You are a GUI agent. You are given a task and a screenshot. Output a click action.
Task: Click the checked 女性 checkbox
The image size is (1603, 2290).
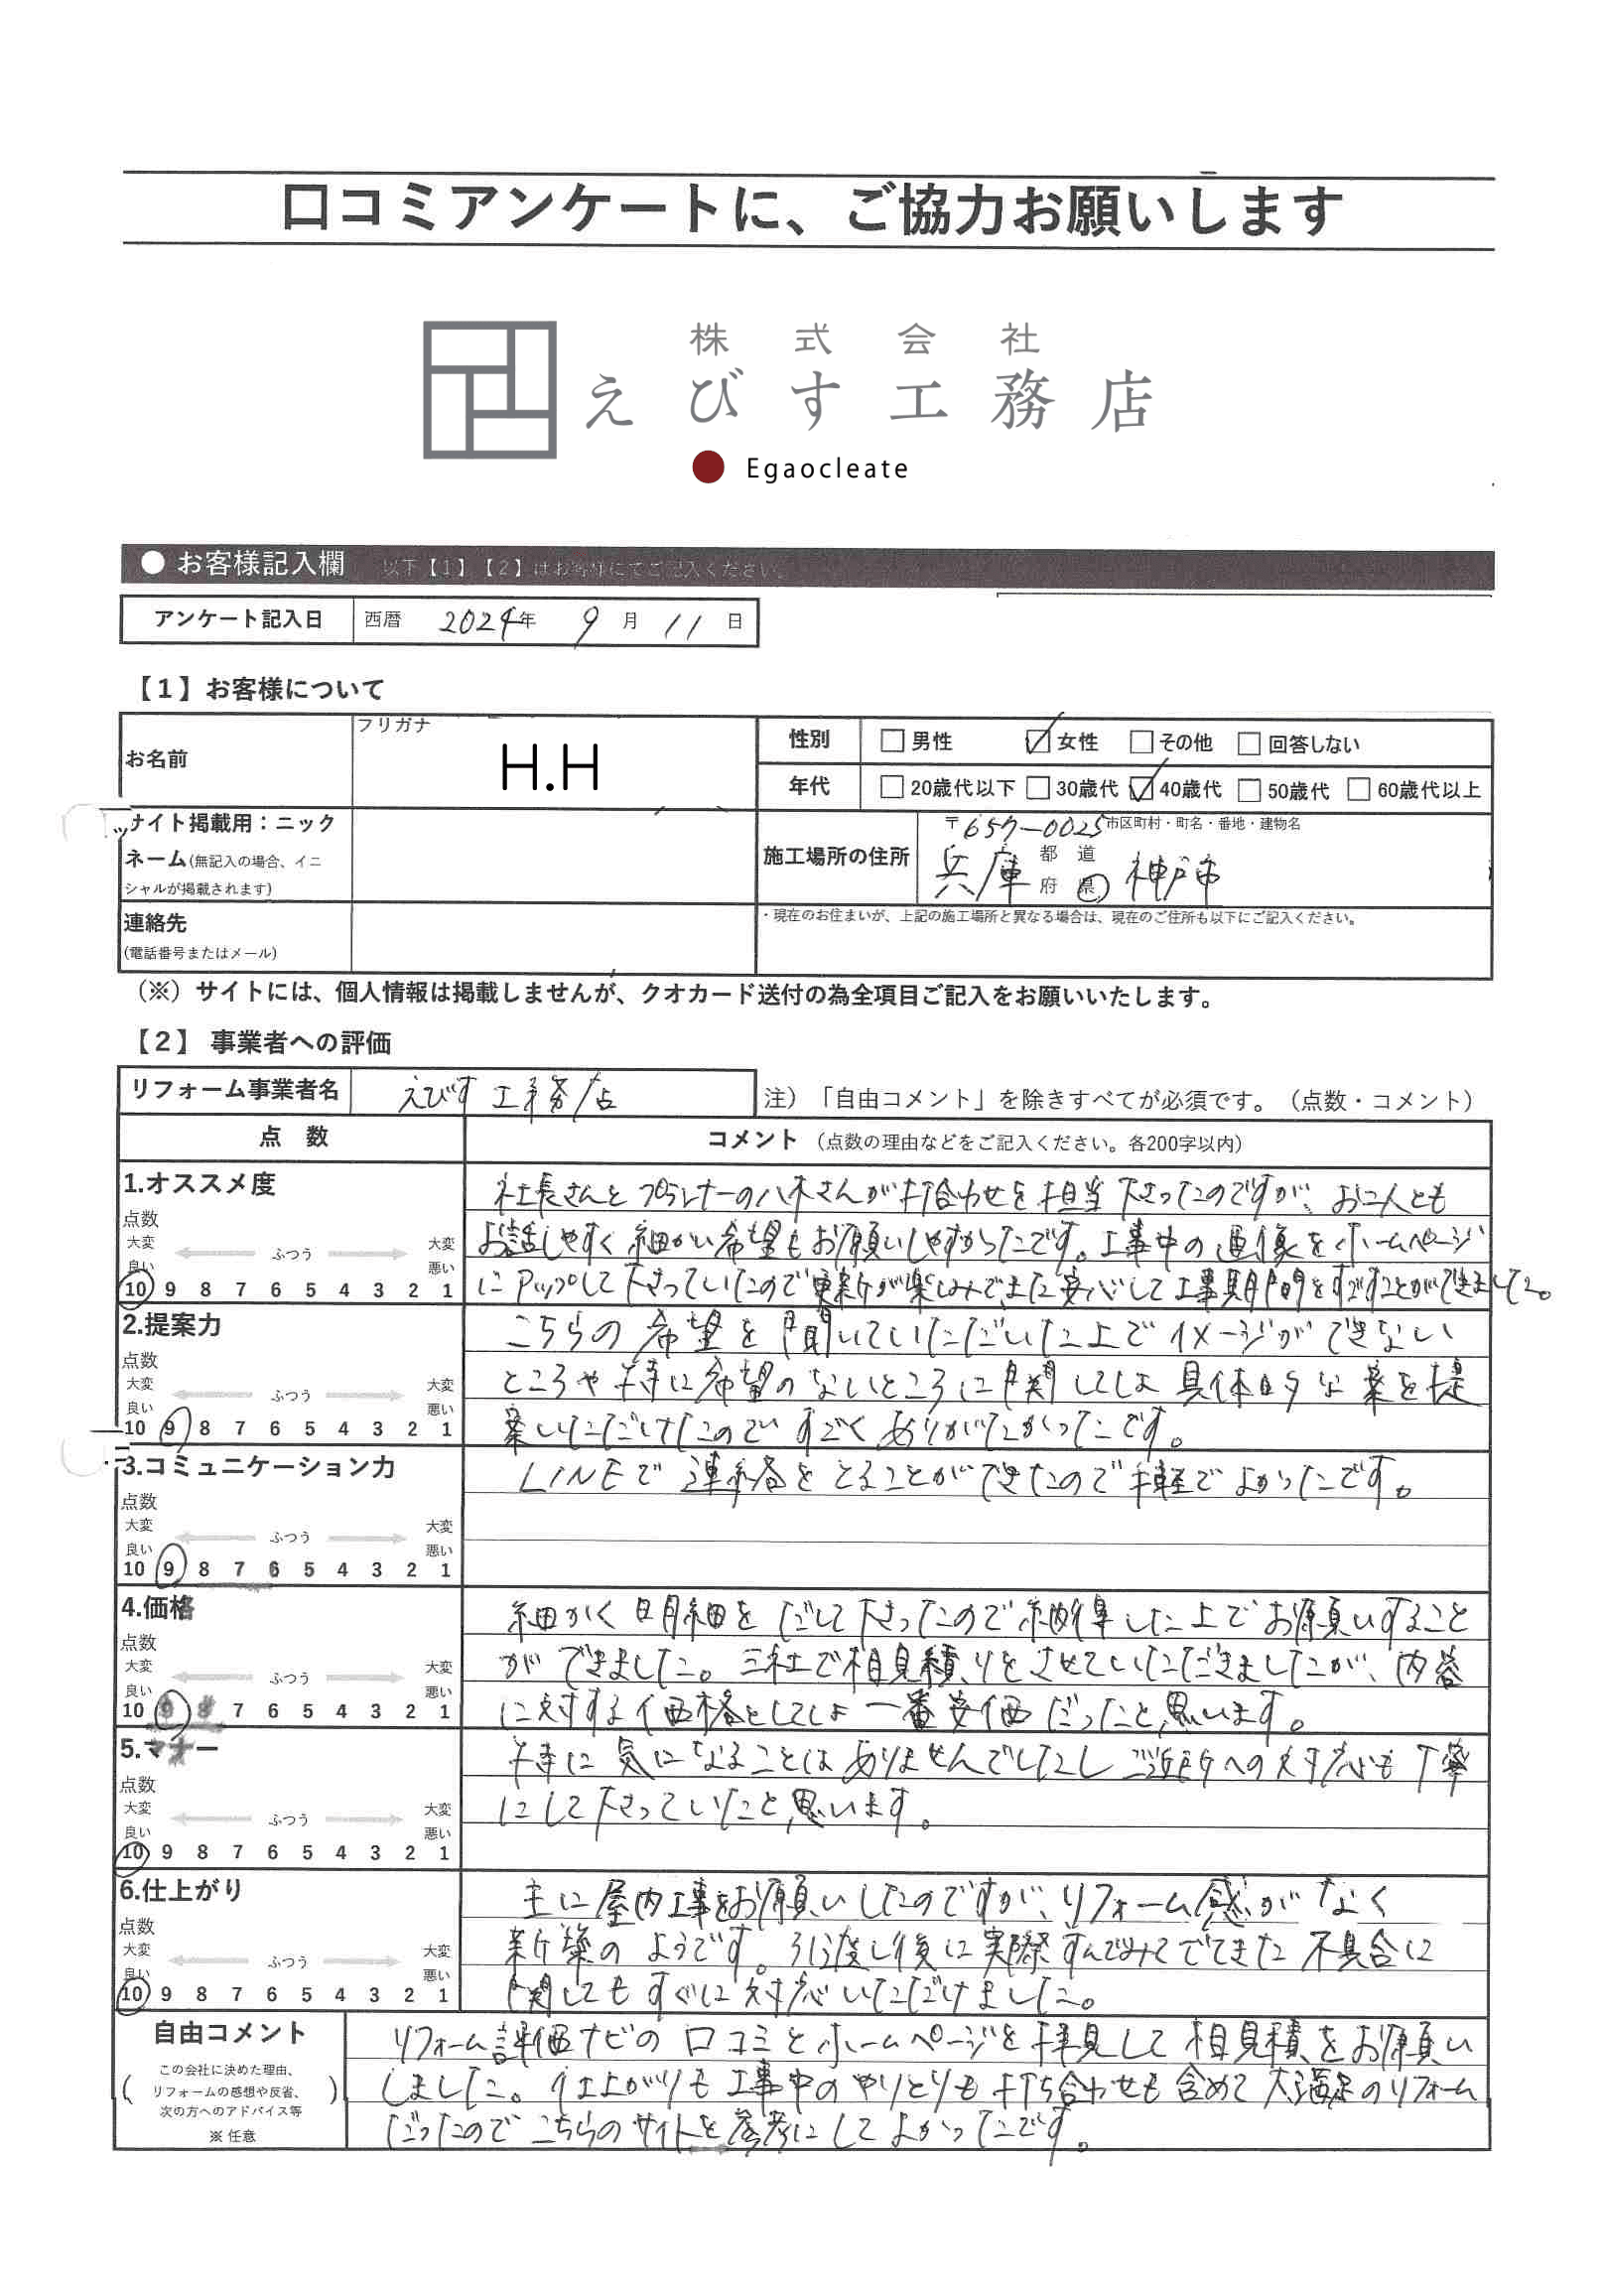tap(1037, 741)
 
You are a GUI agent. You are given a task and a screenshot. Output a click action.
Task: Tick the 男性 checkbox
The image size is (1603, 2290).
tap(891, 741)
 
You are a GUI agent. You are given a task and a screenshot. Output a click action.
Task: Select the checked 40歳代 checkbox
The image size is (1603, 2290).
tap(1141, 789)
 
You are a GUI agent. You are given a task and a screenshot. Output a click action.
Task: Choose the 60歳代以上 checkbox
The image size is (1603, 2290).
tap(1358, 789)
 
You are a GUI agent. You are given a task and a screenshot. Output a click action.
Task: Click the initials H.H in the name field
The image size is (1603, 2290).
tap(550, 768)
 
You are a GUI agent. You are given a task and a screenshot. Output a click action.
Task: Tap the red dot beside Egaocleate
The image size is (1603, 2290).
tap(709, 467)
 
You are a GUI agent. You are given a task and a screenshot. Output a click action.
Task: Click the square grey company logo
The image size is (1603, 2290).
tap(488, 390)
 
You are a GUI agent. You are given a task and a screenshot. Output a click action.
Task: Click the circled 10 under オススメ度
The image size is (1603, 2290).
tap(136, 1288)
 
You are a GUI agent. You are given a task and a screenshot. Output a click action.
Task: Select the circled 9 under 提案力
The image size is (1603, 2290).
tap(171, 1427)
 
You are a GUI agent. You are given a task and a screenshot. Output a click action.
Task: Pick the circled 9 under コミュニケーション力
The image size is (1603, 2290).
tap(170, 1569)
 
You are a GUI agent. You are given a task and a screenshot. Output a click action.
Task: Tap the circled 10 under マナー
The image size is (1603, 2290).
tap(134, 1852)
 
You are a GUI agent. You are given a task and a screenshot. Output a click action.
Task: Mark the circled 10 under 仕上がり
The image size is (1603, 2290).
tap(133, 1994)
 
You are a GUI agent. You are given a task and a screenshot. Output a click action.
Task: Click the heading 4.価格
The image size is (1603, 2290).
tap(158, 1608)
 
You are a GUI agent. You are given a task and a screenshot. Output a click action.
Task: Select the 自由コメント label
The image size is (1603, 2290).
tap(229, 2032)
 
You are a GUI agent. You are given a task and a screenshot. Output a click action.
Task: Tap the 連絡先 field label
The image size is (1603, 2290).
tap(156, 922)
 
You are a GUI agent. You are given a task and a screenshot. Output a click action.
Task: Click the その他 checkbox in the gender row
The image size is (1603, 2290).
tap(1141, 742)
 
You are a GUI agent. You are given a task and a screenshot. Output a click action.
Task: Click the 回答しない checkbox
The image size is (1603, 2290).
tap(1248, 743)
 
